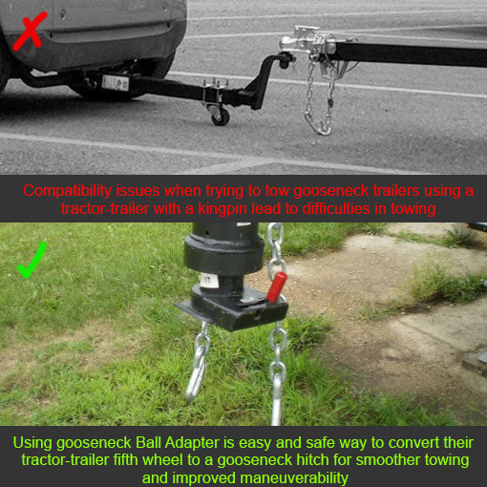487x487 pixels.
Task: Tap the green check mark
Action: [x=32, y=261]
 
